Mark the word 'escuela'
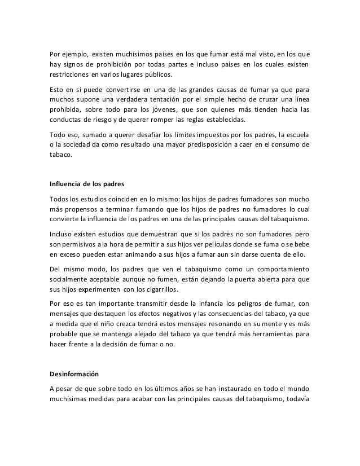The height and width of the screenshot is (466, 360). (294, 134)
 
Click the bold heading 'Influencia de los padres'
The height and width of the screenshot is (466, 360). (80, 184)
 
